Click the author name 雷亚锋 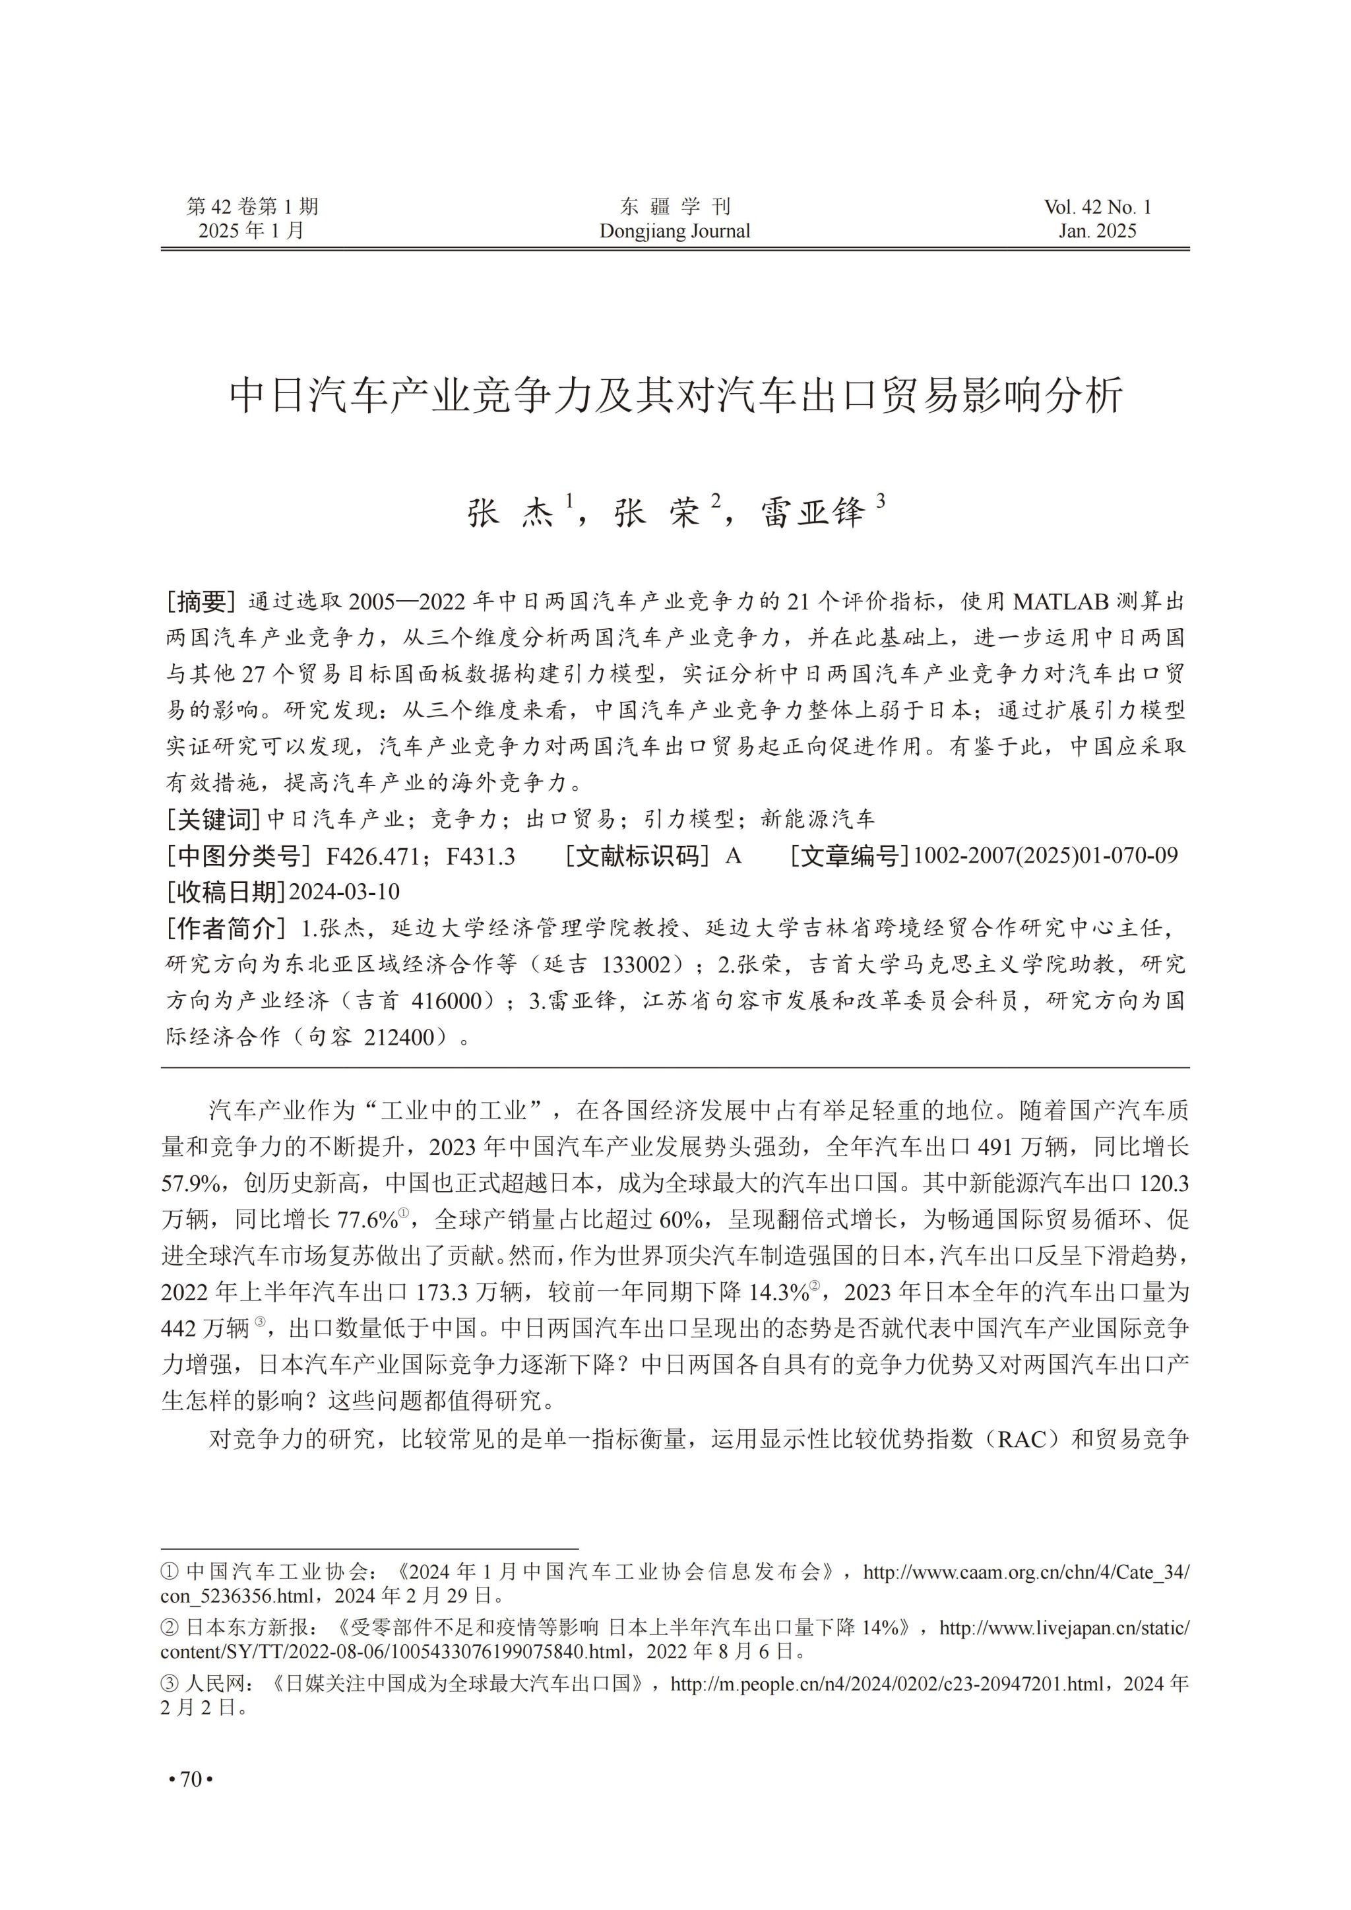coord(813,514)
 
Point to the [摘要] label coord(201,601)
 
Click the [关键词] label coord(214,819)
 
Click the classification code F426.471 coord(375,855)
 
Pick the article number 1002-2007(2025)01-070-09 coord(1045,855)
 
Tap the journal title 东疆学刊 coord(675,206)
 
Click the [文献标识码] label coord(637,855)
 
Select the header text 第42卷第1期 coord(252,207)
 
